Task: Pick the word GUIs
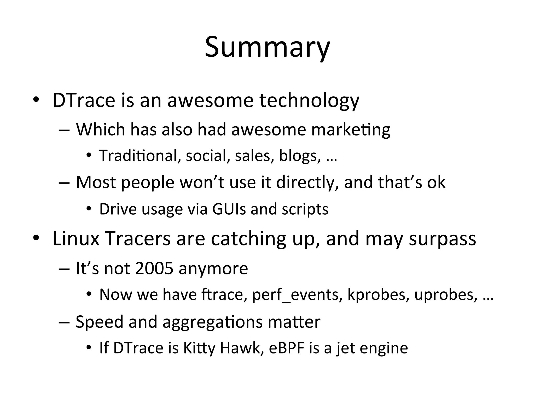coord(229,209)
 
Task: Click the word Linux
coord(76,239)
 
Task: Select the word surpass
coord(442,239)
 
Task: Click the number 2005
coord(154,268)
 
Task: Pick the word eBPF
coord(287,348)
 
